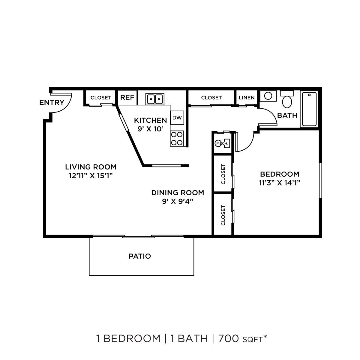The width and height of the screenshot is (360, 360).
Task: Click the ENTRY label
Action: (52, 103)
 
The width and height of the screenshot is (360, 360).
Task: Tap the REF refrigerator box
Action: (127, 97)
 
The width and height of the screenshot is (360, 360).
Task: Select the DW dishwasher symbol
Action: (177, 118)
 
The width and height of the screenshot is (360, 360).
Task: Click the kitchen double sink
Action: (155, 98)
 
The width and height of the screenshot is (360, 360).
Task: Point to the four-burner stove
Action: (177, 138)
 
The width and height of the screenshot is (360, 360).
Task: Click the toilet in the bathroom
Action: (287, 100)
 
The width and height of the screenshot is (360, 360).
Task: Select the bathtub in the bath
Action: (309, 109)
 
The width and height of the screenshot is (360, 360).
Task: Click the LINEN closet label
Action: (247, 97)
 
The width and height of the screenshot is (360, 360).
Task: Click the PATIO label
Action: (140, 256)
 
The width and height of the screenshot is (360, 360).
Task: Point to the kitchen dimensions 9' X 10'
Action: (150, 129)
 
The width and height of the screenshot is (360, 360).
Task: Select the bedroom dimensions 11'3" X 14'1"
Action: (280, 183)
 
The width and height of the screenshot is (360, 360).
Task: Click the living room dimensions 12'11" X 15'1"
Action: (91, 175)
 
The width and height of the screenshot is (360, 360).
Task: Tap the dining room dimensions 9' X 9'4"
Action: (177, 201)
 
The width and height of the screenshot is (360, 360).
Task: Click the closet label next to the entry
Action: (101, 97)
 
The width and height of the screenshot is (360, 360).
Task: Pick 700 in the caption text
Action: (228, 339)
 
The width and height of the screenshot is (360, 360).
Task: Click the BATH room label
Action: (287, 115)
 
